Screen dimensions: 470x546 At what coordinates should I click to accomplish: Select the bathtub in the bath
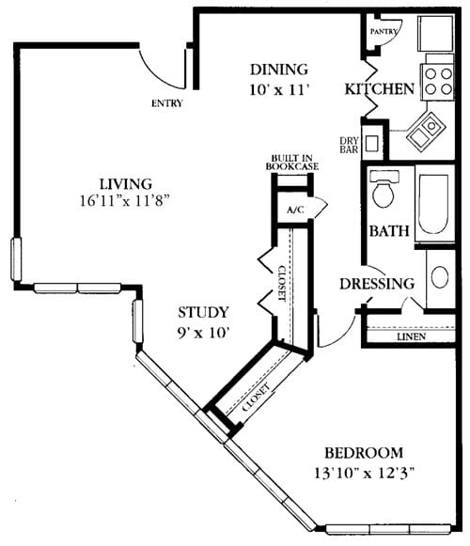(433, 204)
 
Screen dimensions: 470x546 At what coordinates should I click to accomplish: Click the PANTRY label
(384, 32)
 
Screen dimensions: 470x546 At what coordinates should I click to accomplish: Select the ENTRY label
(167, 103)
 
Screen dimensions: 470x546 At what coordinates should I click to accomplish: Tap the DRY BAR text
(349, 146)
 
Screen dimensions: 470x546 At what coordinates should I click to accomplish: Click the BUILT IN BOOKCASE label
(292, 163)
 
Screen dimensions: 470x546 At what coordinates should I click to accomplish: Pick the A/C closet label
(295, 210)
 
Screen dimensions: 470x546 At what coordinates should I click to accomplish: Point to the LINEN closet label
(411, 336)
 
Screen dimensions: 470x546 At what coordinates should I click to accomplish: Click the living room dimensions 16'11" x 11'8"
(125, 201)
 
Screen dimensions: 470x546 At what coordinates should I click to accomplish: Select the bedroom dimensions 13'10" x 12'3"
(365, 473)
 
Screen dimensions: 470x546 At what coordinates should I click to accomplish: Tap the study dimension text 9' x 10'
(203, 333)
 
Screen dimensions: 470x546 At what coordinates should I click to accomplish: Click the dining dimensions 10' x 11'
(279, 90)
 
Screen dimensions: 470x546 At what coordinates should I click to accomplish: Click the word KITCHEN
(380, 89)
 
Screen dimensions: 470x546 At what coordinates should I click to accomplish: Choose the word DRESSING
(377, 284)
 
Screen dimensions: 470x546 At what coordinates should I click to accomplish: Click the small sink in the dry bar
(371, 143)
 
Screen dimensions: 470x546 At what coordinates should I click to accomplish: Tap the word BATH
(389, 230)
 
